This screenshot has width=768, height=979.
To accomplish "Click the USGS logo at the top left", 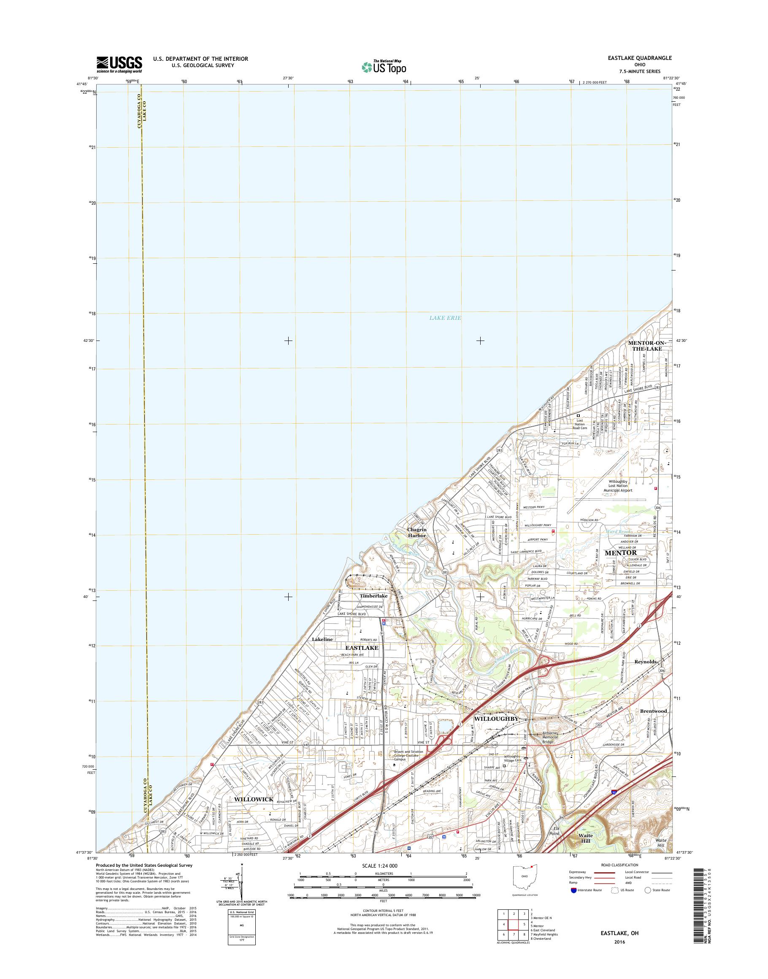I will (119, 64).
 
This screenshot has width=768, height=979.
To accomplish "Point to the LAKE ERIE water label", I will (445, 318).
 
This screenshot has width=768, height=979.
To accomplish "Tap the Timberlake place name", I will (373, 596).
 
